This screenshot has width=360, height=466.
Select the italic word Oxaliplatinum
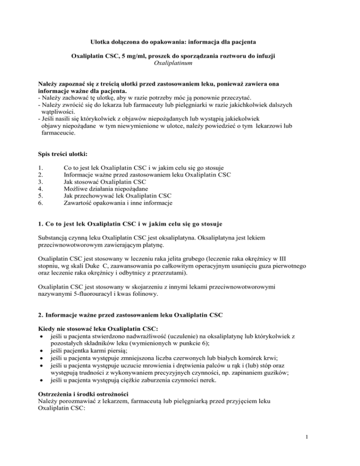[180, 63]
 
